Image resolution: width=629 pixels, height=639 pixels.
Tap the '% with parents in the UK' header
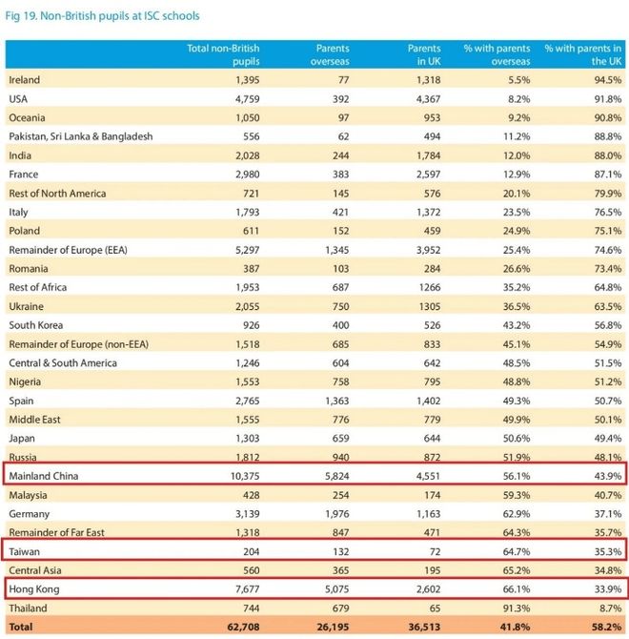(x=582, y=54)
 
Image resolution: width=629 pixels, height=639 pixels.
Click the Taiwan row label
(x=26, y=551)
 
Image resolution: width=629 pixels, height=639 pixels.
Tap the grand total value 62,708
(x=238, y=628)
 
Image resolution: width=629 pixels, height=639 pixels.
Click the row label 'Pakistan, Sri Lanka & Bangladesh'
(x=81, y=136)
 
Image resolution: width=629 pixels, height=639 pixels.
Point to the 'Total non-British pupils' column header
(x=223, y=54)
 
